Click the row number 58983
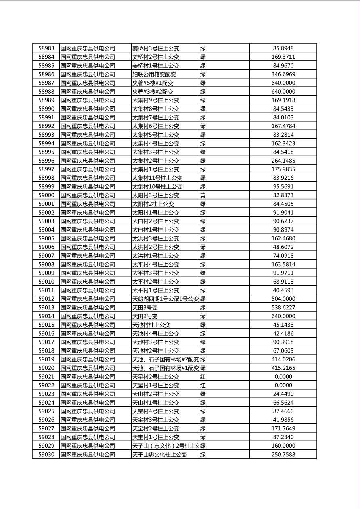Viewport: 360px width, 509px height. [46, 48]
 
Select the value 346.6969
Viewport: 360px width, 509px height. [283, 74]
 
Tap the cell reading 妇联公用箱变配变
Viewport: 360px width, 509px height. [154, 74]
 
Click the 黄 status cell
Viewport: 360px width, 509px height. [203, 195]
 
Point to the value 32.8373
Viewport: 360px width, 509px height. [283, 195]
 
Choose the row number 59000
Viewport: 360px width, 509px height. [46, 195]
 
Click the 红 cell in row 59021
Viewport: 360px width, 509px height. [203, 377]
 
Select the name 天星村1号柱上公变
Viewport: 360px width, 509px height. [156, 385]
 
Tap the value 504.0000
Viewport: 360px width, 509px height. [283, 299]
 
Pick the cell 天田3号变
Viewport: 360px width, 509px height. [145, 307]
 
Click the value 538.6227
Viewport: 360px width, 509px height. [283, 307]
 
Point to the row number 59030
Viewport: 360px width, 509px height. [46, 455]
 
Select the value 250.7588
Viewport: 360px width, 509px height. [283, 455]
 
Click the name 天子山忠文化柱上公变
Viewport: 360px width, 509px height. [160, 455]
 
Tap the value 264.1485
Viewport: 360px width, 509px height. [283, 161]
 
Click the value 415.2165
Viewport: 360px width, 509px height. [283, 368]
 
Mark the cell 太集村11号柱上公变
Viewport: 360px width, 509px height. [157, 178]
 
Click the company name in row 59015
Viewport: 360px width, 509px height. [88, 325]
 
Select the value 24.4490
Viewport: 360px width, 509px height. [283, 394]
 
